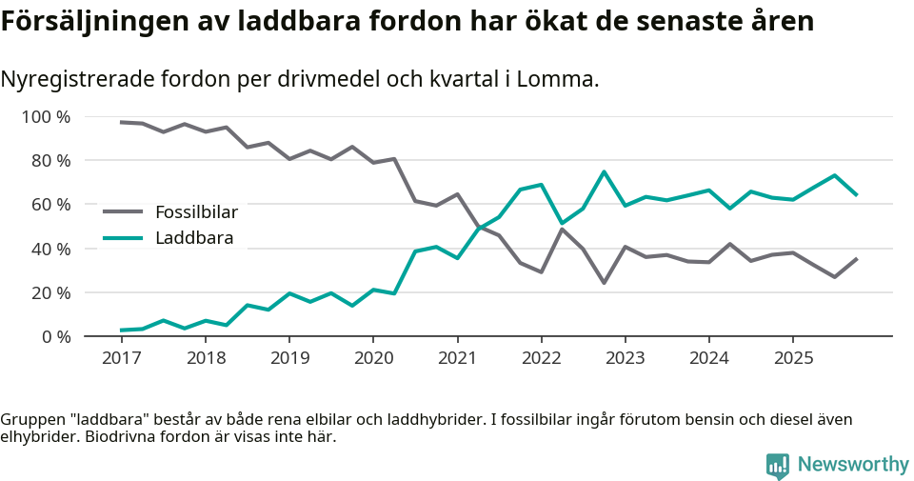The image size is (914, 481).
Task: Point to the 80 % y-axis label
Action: click(x=50, y=161)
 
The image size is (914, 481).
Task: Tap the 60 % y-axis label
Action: click(x=50, y=205)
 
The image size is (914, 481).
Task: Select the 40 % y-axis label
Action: click(x=50, y=249)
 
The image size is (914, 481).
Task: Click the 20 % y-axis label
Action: click(x=50, y=292)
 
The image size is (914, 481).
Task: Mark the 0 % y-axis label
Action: click(x=54, y=336)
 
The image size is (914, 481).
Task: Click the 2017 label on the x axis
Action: click(x=121, y=358)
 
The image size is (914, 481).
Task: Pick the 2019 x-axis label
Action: click(x=288, y=358)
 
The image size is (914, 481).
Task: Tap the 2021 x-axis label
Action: click(x=457, y=358)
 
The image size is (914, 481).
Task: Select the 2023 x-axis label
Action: click(x=625, y=358)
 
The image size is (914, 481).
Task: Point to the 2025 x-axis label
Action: click(x=792, y=358)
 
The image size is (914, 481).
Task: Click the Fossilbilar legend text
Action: click(x=196, y=212)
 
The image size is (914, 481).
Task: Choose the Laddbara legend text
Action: click(x=194, y=238)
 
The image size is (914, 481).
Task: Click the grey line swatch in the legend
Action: click(x=123, y=212)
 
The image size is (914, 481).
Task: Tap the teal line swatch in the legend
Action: click(x=123, y=238)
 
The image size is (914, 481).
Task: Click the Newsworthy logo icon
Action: click(x=778, y=465)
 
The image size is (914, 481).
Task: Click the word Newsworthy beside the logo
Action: click(x=853, y=465)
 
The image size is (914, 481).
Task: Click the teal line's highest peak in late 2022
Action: click(x=604, y=172)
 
